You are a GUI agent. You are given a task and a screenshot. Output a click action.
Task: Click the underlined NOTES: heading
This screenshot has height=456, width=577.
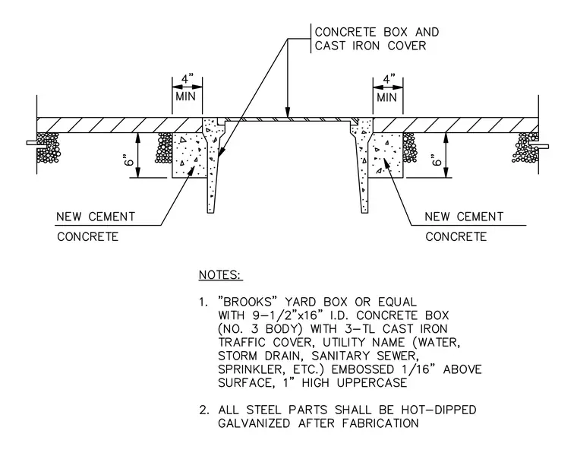[x=220, y=275]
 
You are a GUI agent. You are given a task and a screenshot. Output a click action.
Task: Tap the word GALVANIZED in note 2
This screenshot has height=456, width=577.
[x=254, y=423]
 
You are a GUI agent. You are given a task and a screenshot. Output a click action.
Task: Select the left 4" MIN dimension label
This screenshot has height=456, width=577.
[x=187, y=88]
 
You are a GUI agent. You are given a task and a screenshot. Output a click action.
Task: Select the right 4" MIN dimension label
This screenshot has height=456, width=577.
[x=387, y=88]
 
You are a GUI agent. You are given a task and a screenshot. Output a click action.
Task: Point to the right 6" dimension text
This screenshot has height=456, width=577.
[x=437, y=161]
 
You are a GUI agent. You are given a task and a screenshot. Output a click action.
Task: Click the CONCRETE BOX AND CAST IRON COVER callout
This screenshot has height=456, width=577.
[x=377, y=39]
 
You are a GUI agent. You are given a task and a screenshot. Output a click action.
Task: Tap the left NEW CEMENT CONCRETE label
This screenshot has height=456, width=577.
[x=96, y=226]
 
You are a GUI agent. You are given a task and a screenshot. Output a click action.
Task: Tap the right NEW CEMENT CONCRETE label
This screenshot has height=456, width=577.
[x=464, y=226]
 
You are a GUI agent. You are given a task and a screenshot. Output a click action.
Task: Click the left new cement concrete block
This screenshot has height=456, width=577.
[x=188, y=155]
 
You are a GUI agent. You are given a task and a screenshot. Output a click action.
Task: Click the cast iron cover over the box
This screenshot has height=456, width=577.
[x=288, y=120]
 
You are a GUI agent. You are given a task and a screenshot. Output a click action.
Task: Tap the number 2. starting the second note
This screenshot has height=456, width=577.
[x=204, y=410]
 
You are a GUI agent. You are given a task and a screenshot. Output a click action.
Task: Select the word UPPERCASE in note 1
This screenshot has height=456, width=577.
[x=372, y=383]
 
